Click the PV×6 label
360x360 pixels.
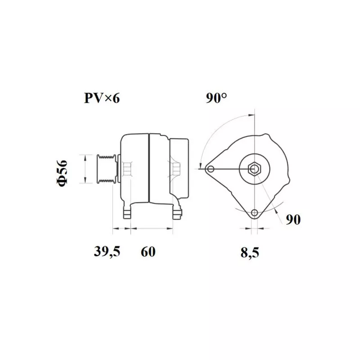(x=102, y=99)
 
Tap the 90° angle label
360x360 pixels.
(x=216, y=99)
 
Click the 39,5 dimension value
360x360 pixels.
(x=107, y=252)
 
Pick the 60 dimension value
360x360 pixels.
(x=148, y=252)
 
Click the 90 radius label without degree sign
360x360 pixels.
(x=292, y=220)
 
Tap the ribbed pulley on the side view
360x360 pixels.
(x=104, y=169)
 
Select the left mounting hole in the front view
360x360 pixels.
(x=210, y=169)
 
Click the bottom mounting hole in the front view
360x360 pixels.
(x=255, y=213)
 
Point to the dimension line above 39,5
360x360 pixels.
(x=121, y=229)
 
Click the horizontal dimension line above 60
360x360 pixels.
(x=151, y=229)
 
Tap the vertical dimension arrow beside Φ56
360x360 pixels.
(x=85, y=169)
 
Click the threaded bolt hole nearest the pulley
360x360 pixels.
(x=128, y=169)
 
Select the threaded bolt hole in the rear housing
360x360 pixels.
(x=175, y=170)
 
